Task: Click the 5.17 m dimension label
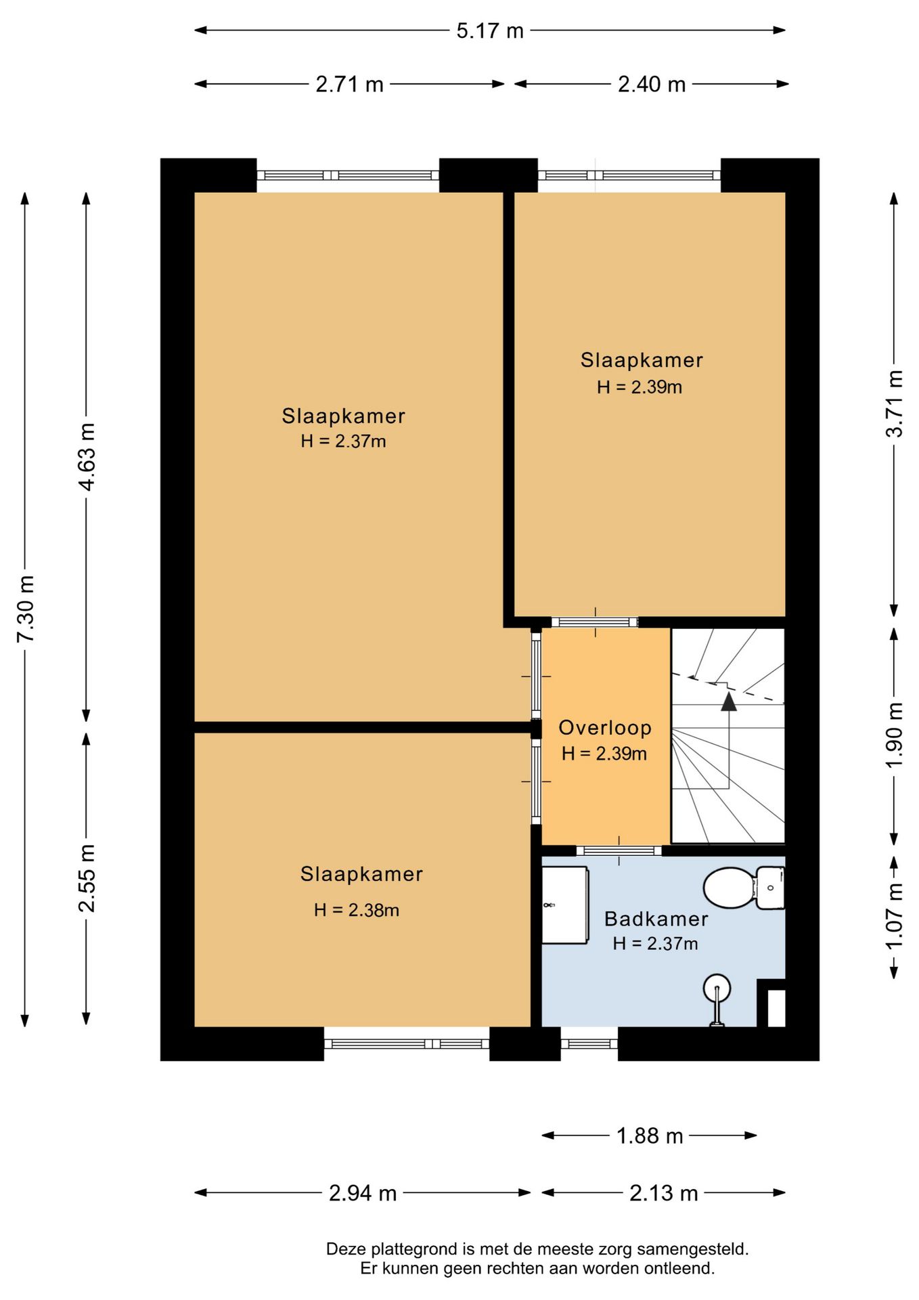(x=490, y=31)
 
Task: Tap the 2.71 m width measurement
(x=349, y=85)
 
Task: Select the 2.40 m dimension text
(x=652, y=85)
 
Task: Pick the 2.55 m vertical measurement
(x=87, y=878)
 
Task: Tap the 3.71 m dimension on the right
(x=895, y=404)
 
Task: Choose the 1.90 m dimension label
(x=895, y=735)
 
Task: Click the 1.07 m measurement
(x=895, y=916)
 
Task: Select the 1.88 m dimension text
(x=650, y=1135)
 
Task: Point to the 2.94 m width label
(x=363, y=1192)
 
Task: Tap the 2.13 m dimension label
(x=664, y=1192)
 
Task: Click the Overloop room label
(x=605, y=728)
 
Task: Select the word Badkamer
(x=656, y=919)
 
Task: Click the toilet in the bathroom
(x=744, y=888)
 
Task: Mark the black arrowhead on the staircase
(x=729, y=701)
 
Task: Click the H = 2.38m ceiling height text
(x=357, y=910)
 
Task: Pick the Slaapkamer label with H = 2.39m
(x=642, y=360)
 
